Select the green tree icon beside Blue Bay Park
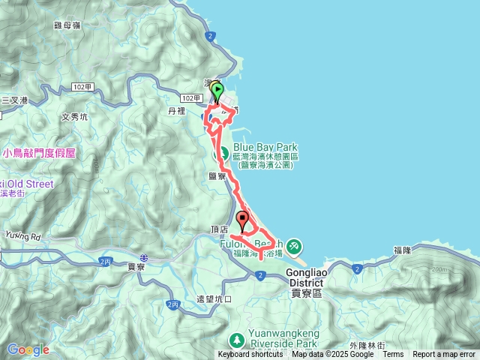[x=223, y=154]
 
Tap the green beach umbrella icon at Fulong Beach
[x=293, y=245]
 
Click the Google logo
[x=28, y=349]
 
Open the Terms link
[x=393, y=355]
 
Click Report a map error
[x=444, y=355]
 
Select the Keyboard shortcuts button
[x=250, y=355]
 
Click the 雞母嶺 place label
[x=67, y=24]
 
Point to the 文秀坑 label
[x=74, y=117]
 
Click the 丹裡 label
[x=176, y=111]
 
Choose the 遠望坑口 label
[x=214, y=298]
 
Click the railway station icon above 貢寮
[x=144, y=257]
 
